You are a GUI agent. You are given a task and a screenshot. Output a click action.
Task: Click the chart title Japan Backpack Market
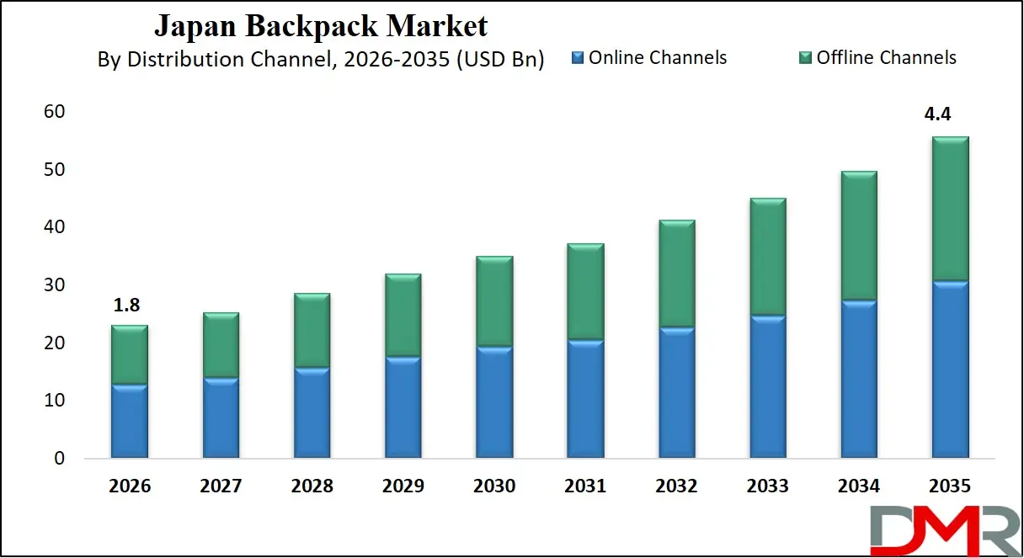coord(320,26)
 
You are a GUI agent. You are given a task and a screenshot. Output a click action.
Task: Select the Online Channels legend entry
coord(648,58)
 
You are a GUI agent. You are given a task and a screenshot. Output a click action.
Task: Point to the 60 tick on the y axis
coord(54,112)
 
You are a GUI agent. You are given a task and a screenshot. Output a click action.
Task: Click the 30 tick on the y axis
coord(54,285)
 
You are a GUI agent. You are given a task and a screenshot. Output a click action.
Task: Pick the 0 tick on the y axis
coord(59,459)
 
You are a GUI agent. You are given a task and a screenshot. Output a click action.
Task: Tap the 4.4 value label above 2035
coord(937,115)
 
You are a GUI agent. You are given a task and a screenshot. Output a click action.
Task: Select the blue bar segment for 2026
coord(129,422)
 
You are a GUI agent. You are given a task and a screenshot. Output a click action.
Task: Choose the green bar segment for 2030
coord(494,301)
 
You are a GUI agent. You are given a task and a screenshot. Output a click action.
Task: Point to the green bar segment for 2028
coord(312,330)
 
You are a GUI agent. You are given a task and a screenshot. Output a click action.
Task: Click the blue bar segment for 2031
coord(585,399)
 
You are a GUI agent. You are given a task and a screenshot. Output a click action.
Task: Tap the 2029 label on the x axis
coord(403,486)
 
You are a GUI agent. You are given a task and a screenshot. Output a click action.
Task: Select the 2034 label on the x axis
coord(858,486)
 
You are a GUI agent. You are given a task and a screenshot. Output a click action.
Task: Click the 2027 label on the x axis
coord(221,486)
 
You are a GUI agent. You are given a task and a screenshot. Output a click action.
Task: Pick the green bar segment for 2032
coord(676,274)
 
